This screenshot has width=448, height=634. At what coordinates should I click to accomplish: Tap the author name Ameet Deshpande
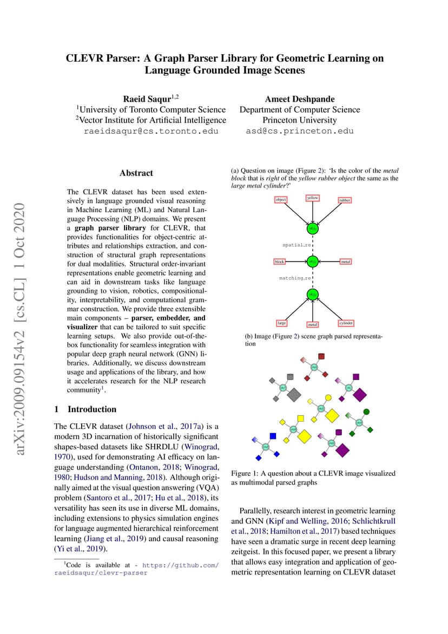tap(300, 99)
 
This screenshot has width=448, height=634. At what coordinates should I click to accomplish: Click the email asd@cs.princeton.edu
tap(300, 131)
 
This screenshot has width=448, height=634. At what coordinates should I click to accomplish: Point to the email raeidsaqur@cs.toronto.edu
tap(151, 131)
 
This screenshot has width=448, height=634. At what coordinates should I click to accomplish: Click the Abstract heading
tap(136, 173)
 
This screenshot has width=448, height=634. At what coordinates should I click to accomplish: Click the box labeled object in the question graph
tap(280, 199)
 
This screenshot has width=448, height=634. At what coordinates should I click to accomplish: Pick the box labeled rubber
tap(345, 200)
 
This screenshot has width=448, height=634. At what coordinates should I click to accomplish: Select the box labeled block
tap(279, 262)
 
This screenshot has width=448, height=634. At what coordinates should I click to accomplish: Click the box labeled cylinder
tap(346, 323)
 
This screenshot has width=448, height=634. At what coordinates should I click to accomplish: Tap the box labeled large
tap(281, 323)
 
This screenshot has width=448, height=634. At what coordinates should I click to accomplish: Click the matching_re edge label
tap(295, 278)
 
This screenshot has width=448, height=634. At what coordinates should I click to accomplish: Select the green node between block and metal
tap(312, 262)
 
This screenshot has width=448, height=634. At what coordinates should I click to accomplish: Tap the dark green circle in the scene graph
tap(366, 412)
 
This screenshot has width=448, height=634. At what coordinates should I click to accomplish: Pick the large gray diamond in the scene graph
tap(294, 394)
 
